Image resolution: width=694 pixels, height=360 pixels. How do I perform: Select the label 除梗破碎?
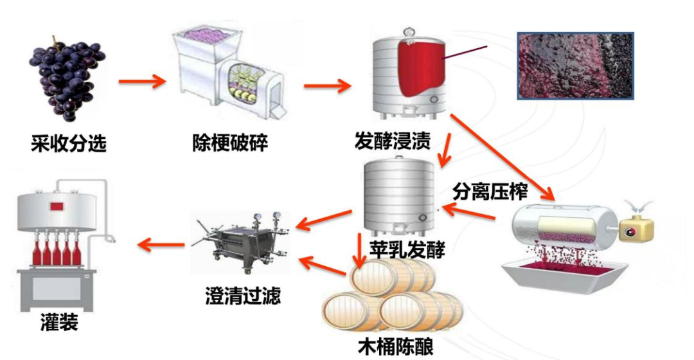[229, 142]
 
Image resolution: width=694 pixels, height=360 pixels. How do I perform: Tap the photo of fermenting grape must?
[576, 66]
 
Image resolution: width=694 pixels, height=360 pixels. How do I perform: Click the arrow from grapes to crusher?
[142, 82]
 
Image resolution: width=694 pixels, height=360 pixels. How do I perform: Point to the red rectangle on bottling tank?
[57, 206]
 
